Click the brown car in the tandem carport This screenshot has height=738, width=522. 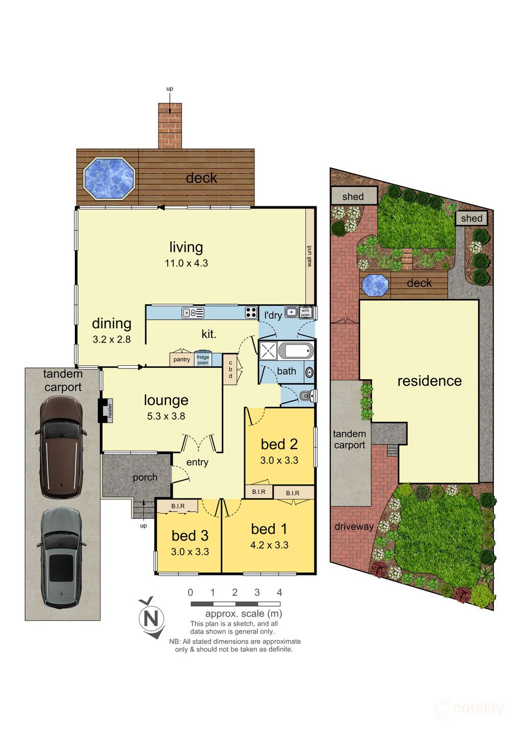[61, 447]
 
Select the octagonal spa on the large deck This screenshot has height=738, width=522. [109, 178]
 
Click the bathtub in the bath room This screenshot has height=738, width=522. [296, 351]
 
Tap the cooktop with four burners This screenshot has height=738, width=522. [251, 312]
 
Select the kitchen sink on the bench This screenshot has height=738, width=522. [193, 312]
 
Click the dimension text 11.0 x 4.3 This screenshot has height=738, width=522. [187, 263]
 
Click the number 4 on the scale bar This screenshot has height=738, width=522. [279, 592]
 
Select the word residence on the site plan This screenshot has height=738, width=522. [429, 381]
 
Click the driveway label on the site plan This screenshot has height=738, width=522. [354, 526]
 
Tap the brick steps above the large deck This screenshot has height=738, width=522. [170, 126]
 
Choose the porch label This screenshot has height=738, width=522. [145, 478]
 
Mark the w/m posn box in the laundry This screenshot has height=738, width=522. [305, 312]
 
